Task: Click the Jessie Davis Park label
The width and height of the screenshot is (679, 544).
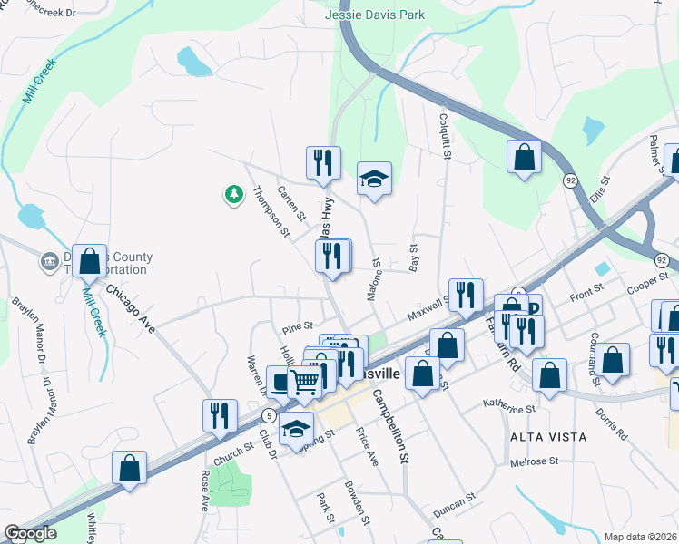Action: tap(375, 15)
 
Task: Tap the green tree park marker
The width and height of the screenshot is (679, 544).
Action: tap(234, 193)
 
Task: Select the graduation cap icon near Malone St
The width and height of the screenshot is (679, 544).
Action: tap(373, 178)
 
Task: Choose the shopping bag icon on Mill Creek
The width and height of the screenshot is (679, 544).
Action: tap(89, 261)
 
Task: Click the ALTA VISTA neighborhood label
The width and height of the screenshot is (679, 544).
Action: tap(548, 437)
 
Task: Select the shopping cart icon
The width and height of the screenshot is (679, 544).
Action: tap(305, 381)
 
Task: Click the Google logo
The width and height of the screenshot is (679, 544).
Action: tap(30, 533)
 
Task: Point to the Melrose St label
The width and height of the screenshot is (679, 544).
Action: tap(534, 461)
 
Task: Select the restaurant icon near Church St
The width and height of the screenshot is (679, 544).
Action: tap(219, 415)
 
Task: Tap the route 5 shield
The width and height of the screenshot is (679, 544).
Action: tap(269, 415)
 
